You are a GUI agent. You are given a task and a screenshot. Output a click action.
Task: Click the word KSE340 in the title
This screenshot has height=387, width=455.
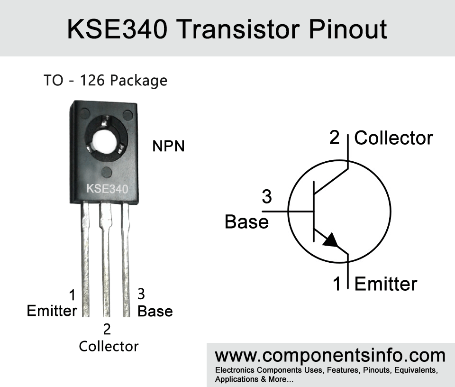(x=118, y=29)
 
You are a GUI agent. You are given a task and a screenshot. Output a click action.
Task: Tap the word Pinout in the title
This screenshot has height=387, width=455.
(x=347, y=29)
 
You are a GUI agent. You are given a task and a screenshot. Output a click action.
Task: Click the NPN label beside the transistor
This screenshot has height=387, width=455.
(x=168, y=146)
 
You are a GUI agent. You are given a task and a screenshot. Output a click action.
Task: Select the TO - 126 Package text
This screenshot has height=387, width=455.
(x=105, y=81)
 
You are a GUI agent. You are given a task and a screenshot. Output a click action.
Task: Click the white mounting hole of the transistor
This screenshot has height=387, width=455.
(x=104, y=141)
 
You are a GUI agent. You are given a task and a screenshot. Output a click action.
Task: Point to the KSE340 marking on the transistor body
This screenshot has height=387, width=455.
(x=107, y=189)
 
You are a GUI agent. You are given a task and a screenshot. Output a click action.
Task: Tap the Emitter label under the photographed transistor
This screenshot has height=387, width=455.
(x=52, y=311)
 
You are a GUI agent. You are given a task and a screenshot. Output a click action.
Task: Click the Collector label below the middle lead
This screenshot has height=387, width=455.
(x=109, y=346)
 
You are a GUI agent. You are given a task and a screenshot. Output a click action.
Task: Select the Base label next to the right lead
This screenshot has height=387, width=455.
(x=155, y=311)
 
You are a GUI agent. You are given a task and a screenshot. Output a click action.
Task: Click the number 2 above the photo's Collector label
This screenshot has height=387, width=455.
(x=107, y=329)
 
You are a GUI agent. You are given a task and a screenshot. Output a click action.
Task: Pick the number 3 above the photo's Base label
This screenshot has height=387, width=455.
(x=141, y=294)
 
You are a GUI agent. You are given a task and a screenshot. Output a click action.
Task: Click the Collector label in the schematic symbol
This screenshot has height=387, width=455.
(x=393, y=138)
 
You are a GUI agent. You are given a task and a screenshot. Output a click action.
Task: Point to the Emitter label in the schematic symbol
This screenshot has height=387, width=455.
(x=386, y=284)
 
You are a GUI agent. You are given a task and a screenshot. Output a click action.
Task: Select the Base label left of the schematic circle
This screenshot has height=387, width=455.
(x=246, y=222)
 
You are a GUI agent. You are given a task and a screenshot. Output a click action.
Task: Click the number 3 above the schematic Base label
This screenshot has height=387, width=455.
(x=267, y=196)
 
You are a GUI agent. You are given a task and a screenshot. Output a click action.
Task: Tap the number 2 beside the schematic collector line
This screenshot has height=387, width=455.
(x=334, y=138)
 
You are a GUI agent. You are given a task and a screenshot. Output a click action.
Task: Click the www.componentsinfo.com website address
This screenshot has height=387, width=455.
(x=330, y=356)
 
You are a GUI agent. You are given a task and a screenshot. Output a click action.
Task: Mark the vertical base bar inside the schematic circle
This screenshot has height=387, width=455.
(x=314, y=212)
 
